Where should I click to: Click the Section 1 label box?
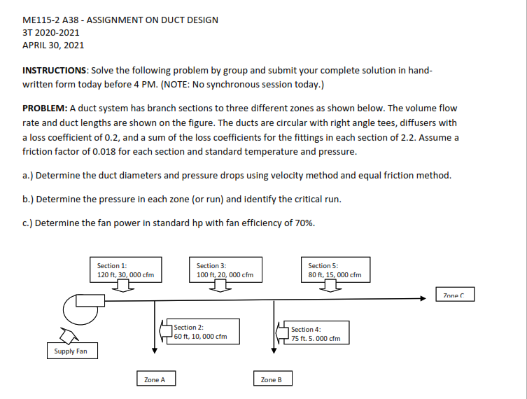pyautogui.click(x=125, y=269)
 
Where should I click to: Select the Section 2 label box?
pyautogui.click(x=204, y=331)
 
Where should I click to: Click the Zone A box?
pyautogui.click(x=155, y=379)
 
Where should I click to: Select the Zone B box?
pyautogui.click(x=272, y=379)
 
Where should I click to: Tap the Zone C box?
pyautogui.click(x=454, y=295)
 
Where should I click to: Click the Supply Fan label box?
pyautogui.click(x=71, y=351)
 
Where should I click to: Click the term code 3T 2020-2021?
pyautogui.click(x=51, y=32)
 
